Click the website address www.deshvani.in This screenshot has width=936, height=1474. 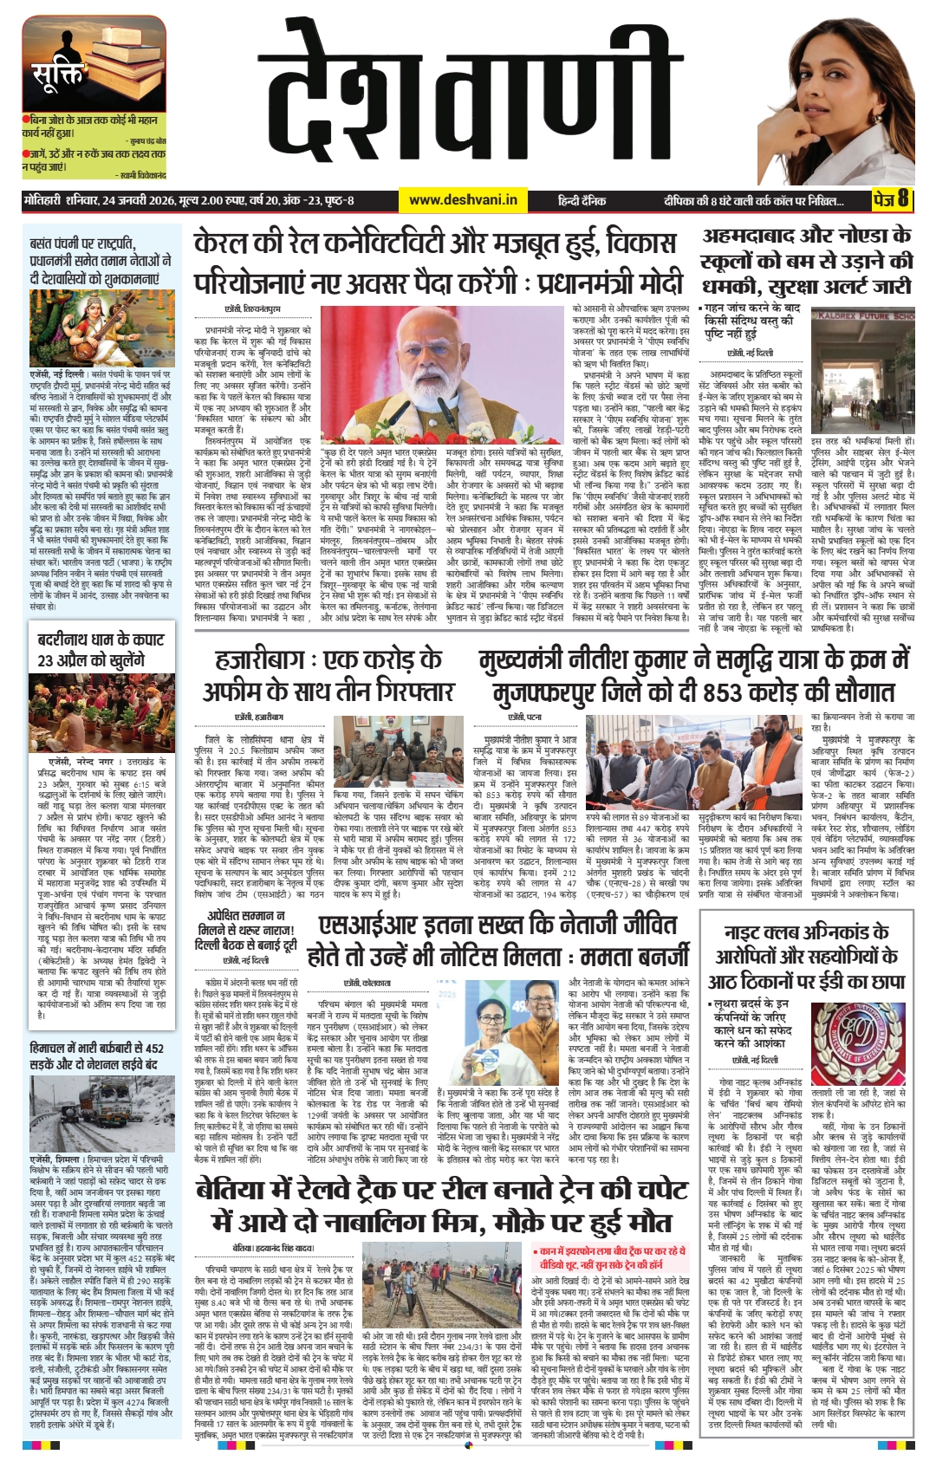pos(463,200)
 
